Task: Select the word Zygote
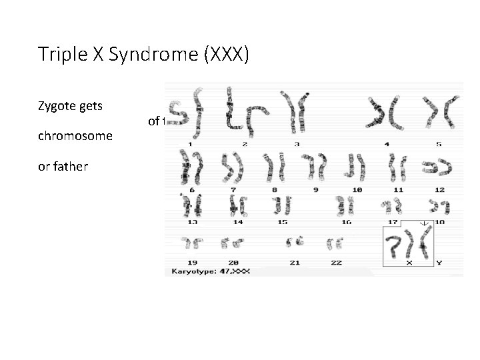[x=59, y=105]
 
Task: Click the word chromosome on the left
[x=75, y=136]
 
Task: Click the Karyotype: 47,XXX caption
[x=211, y=272]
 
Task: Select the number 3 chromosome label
[x=296, y=144]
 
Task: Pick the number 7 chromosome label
[x=233, y=190]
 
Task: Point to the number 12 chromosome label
[x=439, y=190]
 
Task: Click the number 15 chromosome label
[x=282, y=221]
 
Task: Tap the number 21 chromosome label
[x=295, y=263]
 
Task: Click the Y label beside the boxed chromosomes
[x=439, y=263]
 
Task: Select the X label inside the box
[x=409, y=263]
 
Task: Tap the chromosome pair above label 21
[x=294, y=242]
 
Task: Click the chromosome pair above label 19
[x=193, y=242]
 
